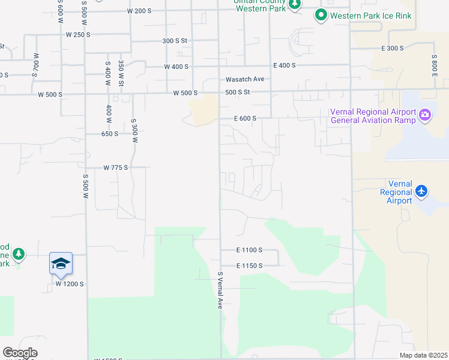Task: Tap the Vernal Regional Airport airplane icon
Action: (x=421, y=191)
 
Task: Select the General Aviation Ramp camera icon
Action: (x=425, y=115)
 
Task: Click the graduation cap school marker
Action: (x=61, y=263)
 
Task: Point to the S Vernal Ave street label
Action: (x=220, y=290)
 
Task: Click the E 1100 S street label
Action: (x=250, y=250)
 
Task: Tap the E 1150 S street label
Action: (x=250, y=265)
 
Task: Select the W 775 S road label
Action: (x=116, y=167)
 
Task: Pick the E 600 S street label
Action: (x=245, y=118)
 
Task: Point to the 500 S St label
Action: (x=237, y=92)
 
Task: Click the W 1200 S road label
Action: (x=70, y=283)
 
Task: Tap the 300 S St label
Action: (x=175, y=41)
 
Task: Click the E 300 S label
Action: (x=392, y=48)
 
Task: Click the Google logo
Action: (x=20, y=353)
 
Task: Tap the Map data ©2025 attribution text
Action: (x=423, y=355)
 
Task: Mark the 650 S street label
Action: (x=110, y=134)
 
